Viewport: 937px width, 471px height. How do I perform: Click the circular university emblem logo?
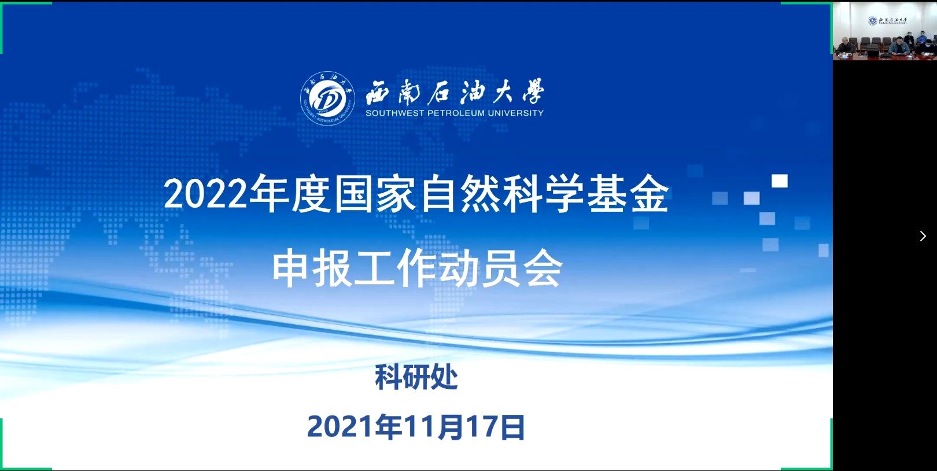(x=327, y=98)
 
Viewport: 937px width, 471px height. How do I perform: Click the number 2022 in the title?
(x=205, y=194)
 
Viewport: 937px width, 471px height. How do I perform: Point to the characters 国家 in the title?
(x=375, y=194)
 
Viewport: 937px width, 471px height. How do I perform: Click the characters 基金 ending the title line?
(x=628, y=194)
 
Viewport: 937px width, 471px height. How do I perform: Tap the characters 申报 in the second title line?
(x=312, y=268)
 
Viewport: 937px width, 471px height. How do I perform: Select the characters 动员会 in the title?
(x=501, y=268)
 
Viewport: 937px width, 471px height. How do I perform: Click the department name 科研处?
(x=416, y=377)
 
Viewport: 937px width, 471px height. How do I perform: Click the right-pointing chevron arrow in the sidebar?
(x=923, y=236)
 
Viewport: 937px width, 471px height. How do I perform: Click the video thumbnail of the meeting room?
(x=885, y=31)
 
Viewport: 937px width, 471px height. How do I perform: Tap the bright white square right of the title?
(x=780, y=181)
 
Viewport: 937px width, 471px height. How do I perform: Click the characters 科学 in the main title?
(x=543, y=194)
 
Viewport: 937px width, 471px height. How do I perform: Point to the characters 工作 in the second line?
(x=396, y=268)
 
